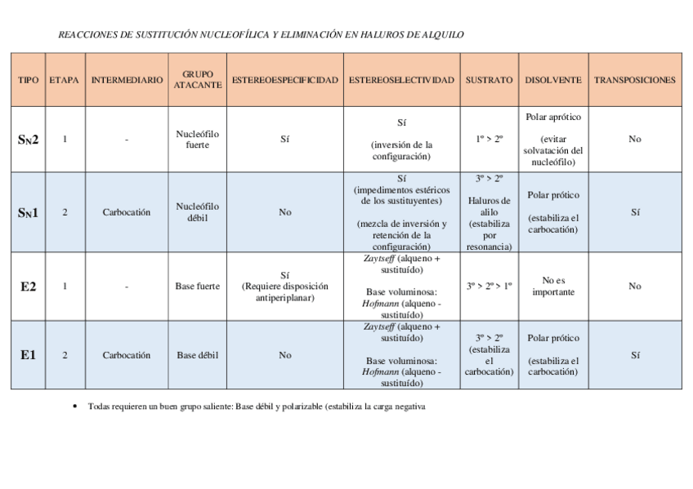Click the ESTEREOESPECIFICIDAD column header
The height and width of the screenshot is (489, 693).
(284, 80)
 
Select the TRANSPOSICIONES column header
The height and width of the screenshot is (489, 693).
(634, 80)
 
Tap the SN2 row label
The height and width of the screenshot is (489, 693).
(28, 140)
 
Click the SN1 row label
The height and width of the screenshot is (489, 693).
(28, 213)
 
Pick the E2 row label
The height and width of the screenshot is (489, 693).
(28, 287)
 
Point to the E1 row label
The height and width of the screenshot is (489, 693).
(28, 355)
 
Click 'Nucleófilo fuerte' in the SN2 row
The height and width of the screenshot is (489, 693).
(197, 140)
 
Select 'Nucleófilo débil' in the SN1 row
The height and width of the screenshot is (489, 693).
(197, 212)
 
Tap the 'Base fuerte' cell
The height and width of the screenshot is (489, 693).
(197, 287)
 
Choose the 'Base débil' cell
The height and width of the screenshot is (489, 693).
(197, 355)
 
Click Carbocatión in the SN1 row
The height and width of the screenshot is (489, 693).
(127, 212)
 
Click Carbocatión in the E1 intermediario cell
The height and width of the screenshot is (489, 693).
(127, 355)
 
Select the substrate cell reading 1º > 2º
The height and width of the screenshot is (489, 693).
(489, 140)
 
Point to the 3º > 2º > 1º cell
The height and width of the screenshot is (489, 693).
(489, 287)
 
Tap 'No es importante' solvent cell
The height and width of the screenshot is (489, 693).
(553, 287)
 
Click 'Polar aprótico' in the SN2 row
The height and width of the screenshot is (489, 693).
(553, 118)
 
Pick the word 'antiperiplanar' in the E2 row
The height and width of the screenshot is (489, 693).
(284, 298)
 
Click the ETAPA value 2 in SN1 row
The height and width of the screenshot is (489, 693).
(65, 212)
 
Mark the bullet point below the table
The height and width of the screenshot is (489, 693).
(74, 406)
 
